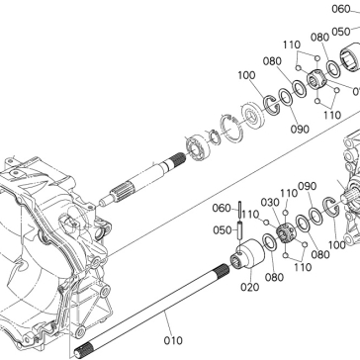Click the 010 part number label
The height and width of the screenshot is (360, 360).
pyautogui.click(x=173, y=340)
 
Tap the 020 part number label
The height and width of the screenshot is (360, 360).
pyautogui.click(x=249, y=287)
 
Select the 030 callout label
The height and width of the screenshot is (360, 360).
pyautogui.click(x=270, y=203)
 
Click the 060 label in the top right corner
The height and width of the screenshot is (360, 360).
pyautogui.click(x=341, y=9)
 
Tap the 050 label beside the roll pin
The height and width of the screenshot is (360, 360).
pyautogui.click(x=222, y=230)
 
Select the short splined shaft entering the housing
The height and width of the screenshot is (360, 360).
pyautogui.click(x=142, y=181)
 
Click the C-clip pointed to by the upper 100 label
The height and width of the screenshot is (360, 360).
pyautogui.click(x=271, y=105)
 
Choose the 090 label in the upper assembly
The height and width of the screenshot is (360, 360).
pyautogui.click(x=300, y=130)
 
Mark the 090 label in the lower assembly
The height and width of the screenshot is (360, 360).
pyautogui.click(x=307, y=186)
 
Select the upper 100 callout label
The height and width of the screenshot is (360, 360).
pyautogui.click(x=246, y=75)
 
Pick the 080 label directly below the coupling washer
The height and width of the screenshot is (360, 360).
pyautogui.click(x=274, y=277)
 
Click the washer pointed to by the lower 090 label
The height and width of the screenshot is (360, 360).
pyautogui.click(x=315, y=216)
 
